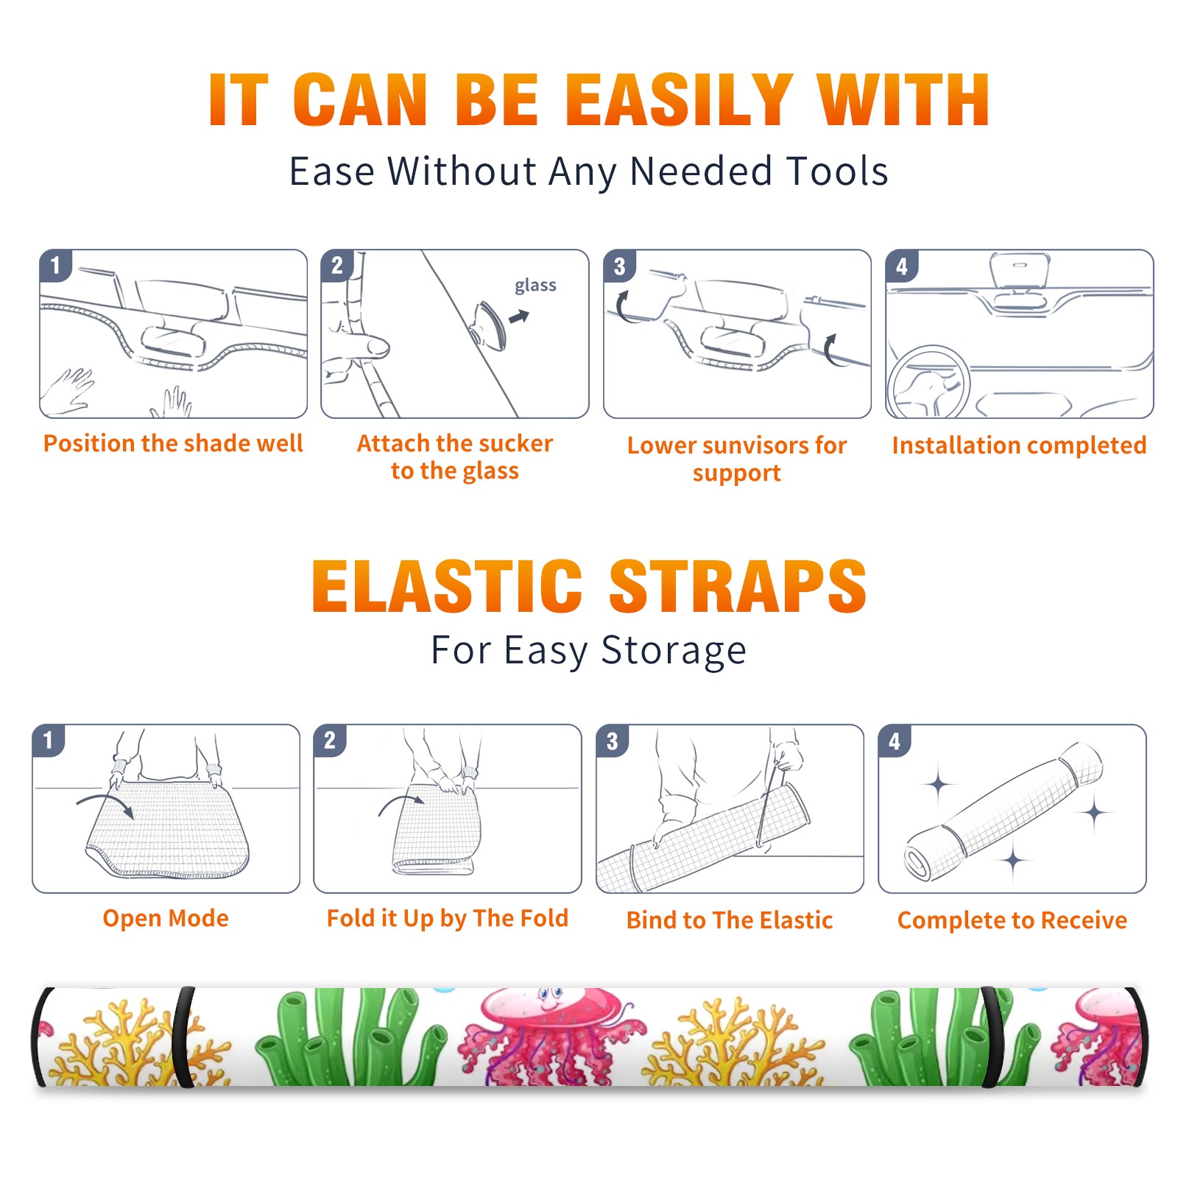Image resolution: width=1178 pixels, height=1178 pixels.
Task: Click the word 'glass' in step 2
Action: [x=535, y=286]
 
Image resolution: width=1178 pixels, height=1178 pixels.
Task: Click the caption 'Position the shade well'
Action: [x=173, y=443]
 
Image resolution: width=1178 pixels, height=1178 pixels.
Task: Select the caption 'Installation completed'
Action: [x=1019, y=445]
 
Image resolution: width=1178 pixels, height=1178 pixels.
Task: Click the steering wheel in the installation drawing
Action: [x=928, y=382]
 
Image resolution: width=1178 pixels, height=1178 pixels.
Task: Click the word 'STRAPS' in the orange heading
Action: [x=738, y=586]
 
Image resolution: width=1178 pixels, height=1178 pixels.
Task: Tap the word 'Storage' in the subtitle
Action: [x=674, y=652]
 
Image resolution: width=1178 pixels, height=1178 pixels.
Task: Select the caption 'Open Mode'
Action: [x=166, y=918]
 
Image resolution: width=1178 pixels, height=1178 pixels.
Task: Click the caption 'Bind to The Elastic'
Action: [x=730, y=920]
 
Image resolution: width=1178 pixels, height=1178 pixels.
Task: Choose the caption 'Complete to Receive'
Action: [x=1012, y=920]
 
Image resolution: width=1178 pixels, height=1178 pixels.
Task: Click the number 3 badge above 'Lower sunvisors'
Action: [x=620, y=267]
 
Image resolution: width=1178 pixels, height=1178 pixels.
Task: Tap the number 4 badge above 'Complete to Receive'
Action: [x=895, y=741]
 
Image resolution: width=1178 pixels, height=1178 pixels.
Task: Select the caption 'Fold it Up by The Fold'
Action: [x=448, y=919]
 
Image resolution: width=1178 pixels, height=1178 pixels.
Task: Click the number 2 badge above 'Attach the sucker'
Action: [x=337, y=266]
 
